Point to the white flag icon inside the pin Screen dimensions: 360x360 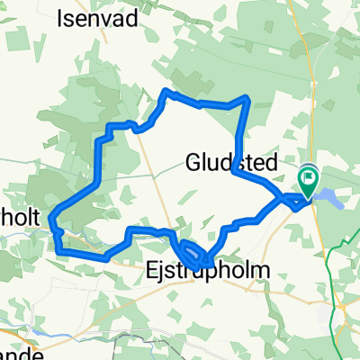point(308,176)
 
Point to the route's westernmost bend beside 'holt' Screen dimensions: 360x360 point(51,216)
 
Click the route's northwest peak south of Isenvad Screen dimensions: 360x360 point(164,92)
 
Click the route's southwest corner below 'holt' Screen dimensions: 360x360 point(61,251)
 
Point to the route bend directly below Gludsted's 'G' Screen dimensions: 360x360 point(233,170)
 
